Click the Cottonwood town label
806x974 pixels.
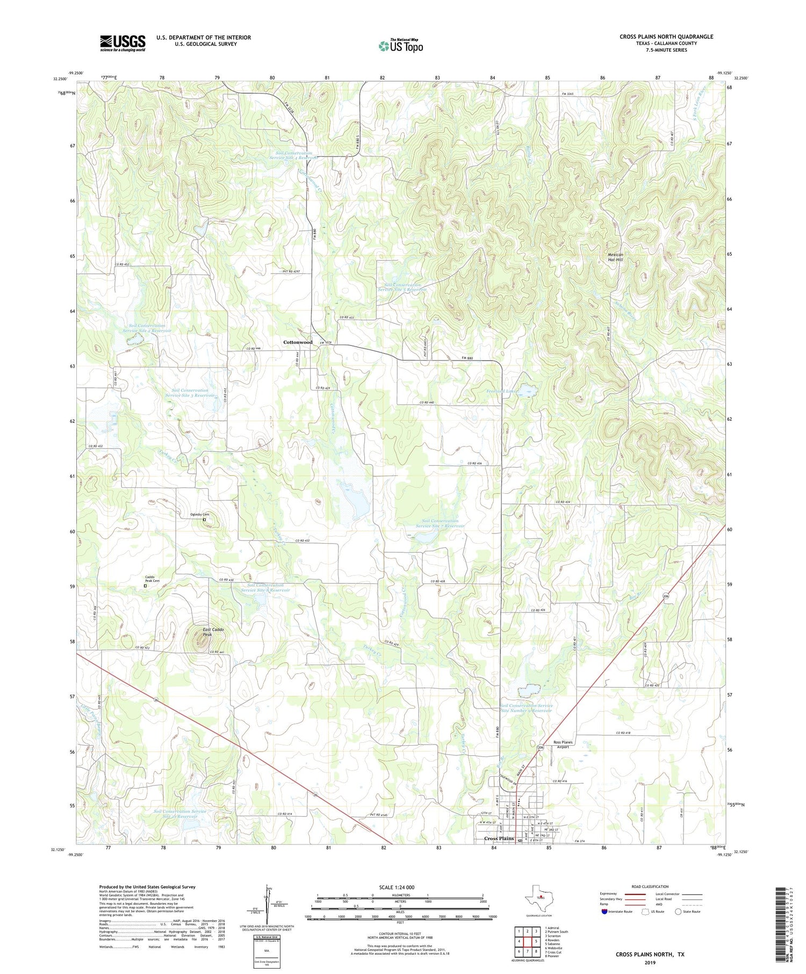(x=298, y=342)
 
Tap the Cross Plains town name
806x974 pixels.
(x=499, y=838)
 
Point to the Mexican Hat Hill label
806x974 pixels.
(x=615, y=257)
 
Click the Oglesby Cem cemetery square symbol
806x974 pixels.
(x=204, y=520)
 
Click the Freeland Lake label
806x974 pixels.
(x=502, y=391)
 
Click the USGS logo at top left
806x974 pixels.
(x=123, y=43)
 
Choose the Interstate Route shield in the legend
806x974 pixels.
(x=605, y=912)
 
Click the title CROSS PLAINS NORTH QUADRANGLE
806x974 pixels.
(x=666, y=37)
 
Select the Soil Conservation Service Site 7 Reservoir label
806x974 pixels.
(x=440, y=523)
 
